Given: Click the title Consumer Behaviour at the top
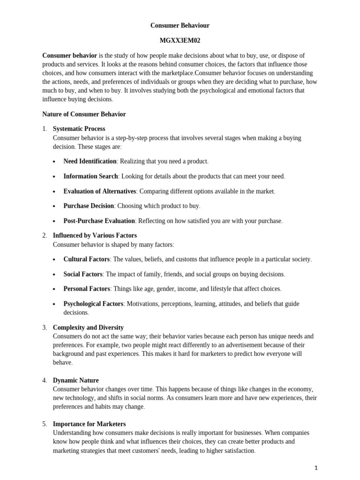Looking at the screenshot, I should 180,25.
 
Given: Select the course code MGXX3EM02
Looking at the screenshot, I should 180,41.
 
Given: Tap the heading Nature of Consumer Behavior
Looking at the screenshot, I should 84,114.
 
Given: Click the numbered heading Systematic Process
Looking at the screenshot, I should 79,128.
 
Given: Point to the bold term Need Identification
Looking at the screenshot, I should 90,161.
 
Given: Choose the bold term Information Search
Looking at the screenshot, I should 90,176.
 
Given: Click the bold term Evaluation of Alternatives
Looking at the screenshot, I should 100,191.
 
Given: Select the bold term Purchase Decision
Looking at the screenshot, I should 89,206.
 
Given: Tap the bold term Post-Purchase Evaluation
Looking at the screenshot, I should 99,221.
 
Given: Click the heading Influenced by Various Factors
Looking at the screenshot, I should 95,235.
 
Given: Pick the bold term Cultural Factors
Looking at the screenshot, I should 87,259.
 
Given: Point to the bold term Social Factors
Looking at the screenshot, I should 83,274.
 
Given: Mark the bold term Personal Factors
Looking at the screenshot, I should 87,289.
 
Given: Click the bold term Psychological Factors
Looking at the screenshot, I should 93,304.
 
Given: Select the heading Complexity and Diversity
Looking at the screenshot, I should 88,327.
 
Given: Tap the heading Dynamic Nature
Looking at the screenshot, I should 75,380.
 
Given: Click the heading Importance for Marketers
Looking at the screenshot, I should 89,424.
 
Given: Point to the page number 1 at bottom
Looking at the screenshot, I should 316,467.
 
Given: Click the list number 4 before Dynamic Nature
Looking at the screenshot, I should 44,380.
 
